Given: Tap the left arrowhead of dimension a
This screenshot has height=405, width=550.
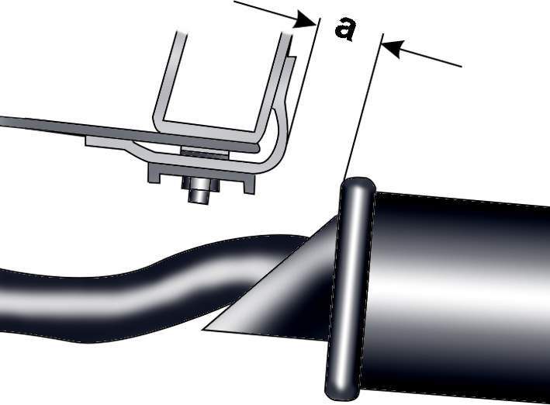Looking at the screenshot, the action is (x=305, y=20).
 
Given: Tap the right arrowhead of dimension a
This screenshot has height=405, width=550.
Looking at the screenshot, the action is (x=393, y=48).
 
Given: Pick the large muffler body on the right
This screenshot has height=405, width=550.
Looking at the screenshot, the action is (x=456, y=295).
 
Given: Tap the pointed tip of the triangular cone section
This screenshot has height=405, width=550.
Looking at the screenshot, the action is (x=204, y=330).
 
